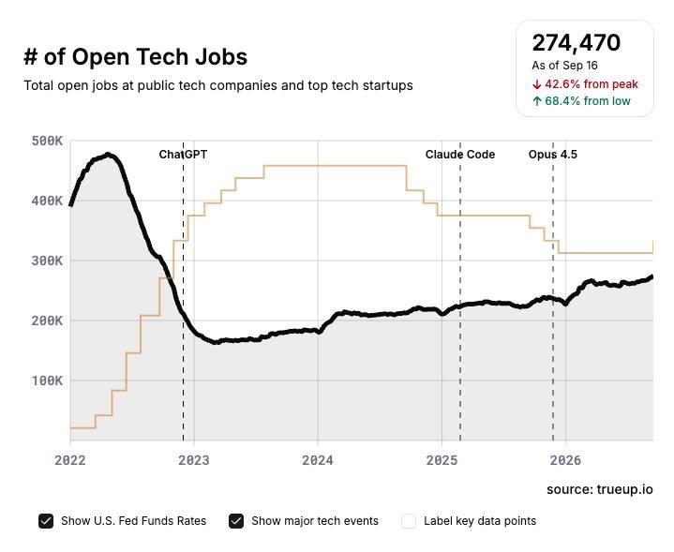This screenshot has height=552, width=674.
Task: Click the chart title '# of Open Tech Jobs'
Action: point(135,57)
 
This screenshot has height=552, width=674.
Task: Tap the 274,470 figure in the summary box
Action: point(576,42)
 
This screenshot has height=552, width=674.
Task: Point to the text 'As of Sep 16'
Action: point(564,66)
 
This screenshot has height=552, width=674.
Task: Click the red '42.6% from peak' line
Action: point(585,83)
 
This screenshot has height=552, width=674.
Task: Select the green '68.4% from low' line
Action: point(581,101)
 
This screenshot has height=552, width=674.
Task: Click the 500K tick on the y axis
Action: point(47,141)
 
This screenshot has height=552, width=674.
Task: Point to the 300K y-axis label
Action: point(47,261)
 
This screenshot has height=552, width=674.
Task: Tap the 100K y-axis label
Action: point(47,380)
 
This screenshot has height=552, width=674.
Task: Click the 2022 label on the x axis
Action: point(70,460)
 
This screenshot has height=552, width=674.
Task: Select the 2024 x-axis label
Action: point(318,460)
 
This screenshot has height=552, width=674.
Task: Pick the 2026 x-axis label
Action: point(565,460)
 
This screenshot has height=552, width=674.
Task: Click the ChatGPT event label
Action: point(183,155)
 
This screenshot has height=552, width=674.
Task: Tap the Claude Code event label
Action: point(460,155)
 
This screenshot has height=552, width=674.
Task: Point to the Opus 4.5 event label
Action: point(553,155)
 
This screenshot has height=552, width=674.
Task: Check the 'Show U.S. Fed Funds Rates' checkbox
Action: point(46,521)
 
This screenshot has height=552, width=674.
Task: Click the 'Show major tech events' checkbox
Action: point(236,521)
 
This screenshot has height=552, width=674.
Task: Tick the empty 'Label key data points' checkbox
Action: point(409,521)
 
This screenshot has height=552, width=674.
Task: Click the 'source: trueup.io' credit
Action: point(600,489)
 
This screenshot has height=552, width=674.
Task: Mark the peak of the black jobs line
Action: point(108,155)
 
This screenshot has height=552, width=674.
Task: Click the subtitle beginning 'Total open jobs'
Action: point(218,85)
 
